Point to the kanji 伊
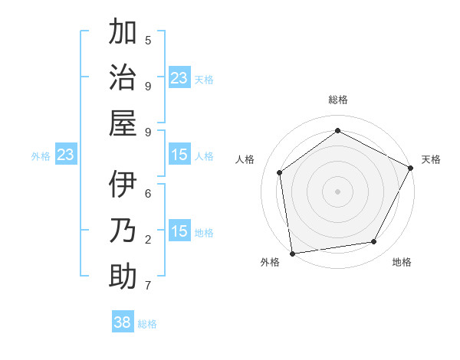pos(123,185)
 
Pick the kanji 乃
pos(123,231)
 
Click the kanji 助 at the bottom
pos(123,276)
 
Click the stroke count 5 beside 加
pos(148,40)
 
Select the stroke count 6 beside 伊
pos(148,193)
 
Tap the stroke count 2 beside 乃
pos(148,239)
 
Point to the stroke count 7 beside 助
pos(148,286)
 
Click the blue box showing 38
pos(123,322)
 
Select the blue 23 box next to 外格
pos(66,155)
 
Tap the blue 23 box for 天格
pos(179,77)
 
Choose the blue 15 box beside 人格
pos(179,155)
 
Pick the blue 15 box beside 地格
pos(179,231)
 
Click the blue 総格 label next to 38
pos(147,324)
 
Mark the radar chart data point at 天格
pos(412,168)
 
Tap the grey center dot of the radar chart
pos(337,191)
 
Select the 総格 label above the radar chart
pos(337,100)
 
